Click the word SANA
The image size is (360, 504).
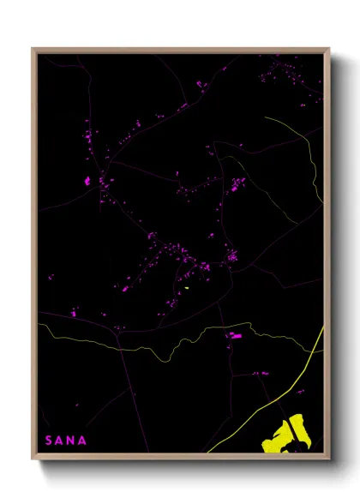[65, 441]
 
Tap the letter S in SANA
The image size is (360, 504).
[49, 441]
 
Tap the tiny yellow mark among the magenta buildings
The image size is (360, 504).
[186, 288]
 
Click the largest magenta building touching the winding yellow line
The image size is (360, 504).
[234, 335]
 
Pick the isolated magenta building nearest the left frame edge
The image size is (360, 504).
[51, 277]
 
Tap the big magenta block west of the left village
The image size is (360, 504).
[87, 181]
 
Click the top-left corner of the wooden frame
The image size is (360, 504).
[33, 50]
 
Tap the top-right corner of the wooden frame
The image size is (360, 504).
[328, 50]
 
